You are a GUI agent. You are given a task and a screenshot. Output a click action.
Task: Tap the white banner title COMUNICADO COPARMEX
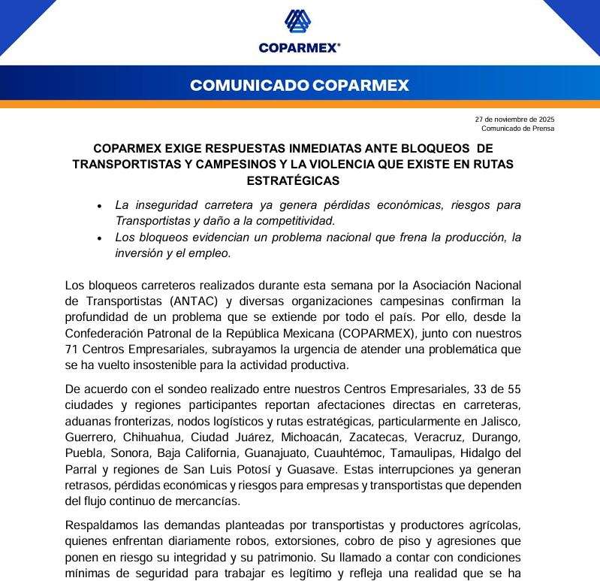tap(300, 85)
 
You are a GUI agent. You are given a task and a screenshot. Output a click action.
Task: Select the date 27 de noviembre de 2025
tap(514, 120)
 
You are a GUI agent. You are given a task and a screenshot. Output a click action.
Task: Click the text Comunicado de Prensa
tap(517, 129)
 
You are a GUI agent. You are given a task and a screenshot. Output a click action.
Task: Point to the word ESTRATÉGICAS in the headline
tap(293, 180)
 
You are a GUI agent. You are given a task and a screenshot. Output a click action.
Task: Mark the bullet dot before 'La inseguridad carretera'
tap(99, 206)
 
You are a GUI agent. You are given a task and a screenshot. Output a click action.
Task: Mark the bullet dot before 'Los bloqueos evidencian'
tap(99, 238)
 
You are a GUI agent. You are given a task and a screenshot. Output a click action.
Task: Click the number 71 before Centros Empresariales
tap(72, 349)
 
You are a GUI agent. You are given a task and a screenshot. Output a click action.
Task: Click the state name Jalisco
tap(499, 421)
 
